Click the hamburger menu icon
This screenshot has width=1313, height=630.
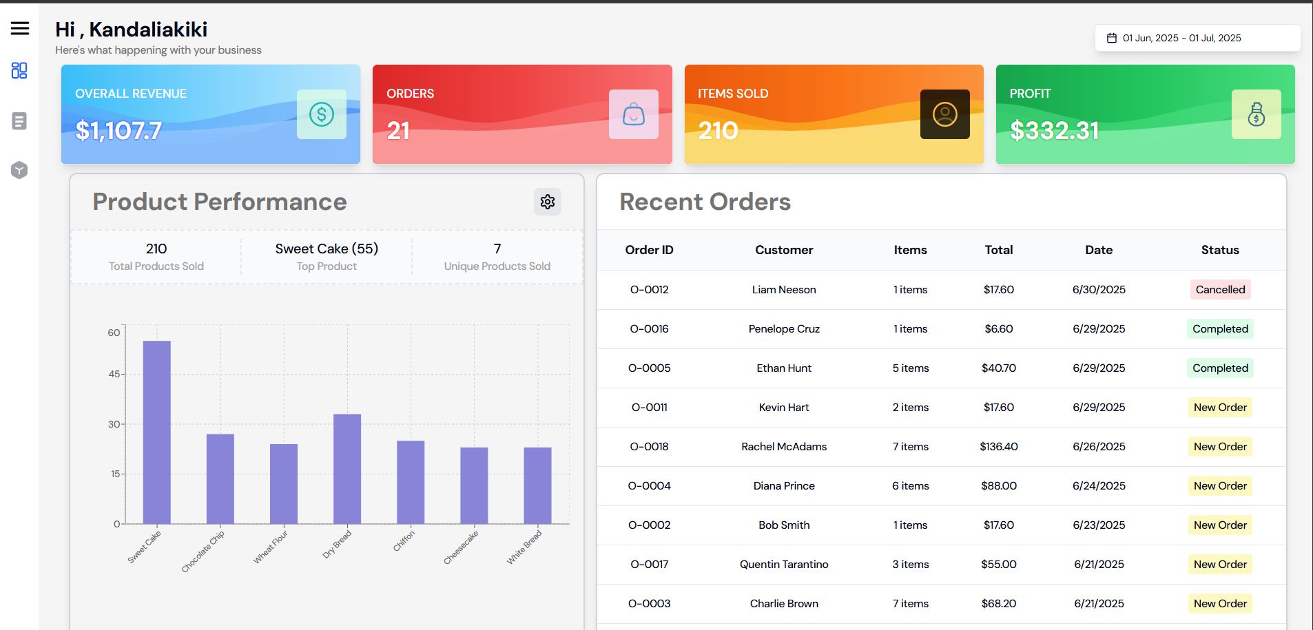point(20,28)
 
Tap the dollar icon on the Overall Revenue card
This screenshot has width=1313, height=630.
point(321,114)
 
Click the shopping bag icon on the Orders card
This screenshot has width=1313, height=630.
point(633,114)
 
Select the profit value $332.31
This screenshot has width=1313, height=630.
point(1054,131)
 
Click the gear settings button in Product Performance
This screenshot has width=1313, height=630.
point(548,202)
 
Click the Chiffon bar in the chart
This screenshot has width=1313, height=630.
point(411,482)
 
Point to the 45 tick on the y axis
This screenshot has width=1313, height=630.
point(114,374)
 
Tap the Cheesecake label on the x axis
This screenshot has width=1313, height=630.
point(461,548)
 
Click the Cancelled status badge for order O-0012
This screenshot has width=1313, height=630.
point(1220,290)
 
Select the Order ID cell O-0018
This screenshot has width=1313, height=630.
point(649,447)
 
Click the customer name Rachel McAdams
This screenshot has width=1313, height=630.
point(784,447)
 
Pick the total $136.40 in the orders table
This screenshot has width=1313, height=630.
point(998,447)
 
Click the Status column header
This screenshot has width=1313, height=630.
point(1220,250)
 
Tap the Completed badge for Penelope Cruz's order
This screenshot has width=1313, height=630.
point(1220,329)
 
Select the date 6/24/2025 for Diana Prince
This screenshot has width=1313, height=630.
point(1099,486)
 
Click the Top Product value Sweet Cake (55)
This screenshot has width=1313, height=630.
point(327,249)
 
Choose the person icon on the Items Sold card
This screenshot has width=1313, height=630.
point(944,114)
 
